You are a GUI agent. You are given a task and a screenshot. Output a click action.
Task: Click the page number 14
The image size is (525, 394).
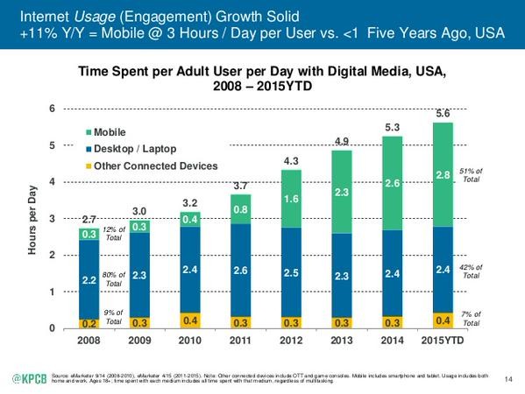(509, 377)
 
